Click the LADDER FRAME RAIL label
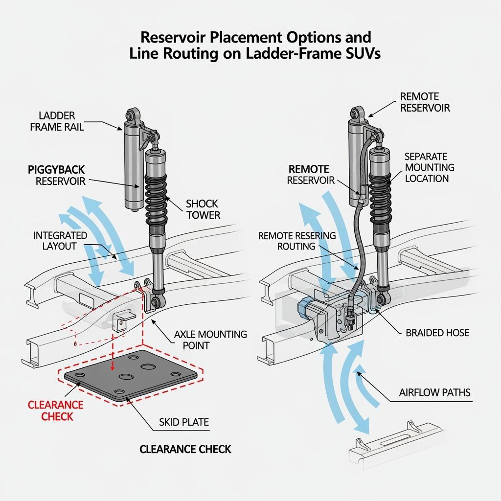[x=57, y=121]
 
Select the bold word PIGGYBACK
[x=57, y=170]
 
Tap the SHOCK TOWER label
[x=202, y=209]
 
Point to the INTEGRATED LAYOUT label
[x=60, y=241]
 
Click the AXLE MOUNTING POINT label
[x=210, y=340]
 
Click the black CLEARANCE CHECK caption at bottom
[x=185, y=449]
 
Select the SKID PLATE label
[x=183, y=422]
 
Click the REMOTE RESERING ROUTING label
[x=296, y=241]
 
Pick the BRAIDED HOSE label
[x=437, y=333]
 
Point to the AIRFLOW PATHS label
[x=435, y=392]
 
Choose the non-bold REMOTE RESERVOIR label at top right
[x=425, y=102]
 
